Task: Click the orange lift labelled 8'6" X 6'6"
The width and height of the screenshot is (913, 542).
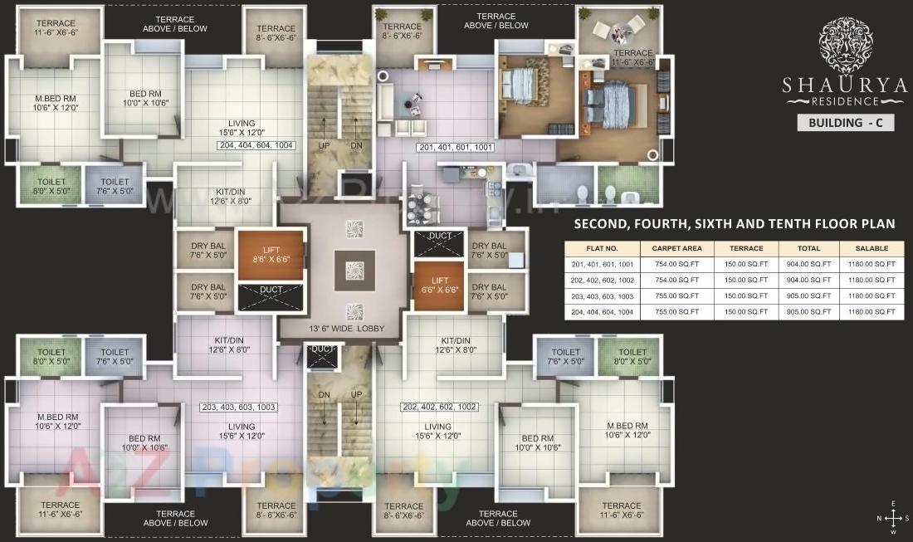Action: pos(270,255)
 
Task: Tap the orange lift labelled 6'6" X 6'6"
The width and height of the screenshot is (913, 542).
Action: pos(439,286)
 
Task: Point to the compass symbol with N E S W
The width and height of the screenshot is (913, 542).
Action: pos(892,518)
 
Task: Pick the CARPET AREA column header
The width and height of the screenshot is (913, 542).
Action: pos(677,248)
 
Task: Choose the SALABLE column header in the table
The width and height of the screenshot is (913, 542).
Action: pos(871,248)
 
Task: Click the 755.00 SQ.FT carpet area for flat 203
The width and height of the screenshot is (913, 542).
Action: pos(677,296)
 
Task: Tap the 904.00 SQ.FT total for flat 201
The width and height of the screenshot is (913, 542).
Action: pos(808,264)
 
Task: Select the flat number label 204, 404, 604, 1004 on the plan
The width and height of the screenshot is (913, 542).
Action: pos(256,146)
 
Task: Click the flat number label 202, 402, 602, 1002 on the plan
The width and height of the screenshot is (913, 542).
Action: pos(439,408)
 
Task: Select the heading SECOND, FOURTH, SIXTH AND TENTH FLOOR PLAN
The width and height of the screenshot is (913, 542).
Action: pos(735,224)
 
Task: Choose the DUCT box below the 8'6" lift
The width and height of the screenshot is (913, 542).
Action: pos(270,296)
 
